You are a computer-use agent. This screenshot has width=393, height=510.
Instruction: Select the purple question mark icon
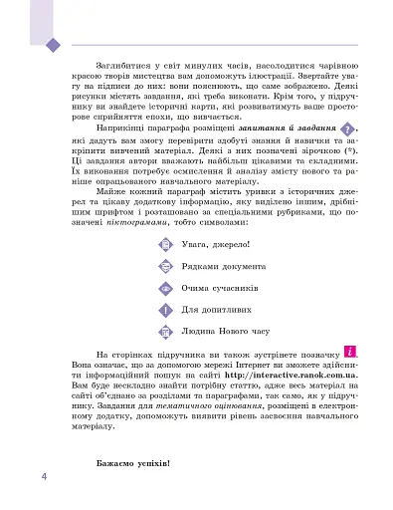coord(346,130)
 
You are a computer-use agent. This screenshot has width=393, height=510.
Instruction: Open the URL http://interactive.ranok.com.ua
coord(293,373)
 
